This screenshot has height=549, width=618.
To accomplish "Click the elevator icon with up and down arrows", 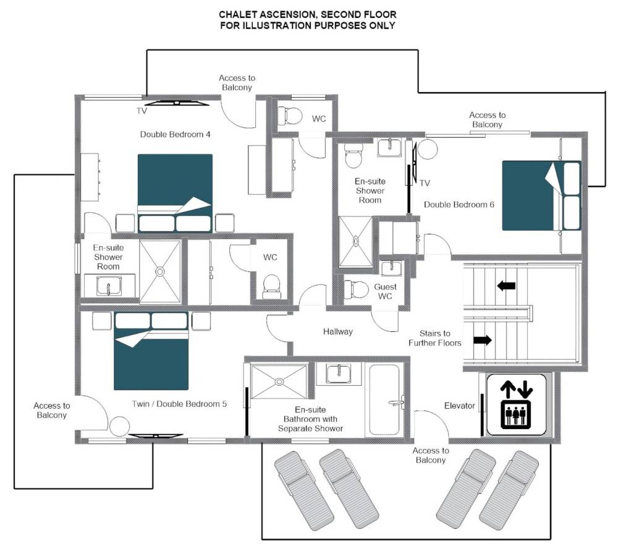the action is point(516,404).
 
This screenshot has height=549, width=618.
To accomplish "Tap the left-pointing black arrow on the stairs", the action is point(506,286).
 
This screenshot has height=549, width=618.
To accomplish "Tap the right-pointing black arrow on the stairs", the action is point(483,340).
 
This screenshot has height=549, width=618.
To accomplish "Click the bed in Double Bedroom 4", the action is point(175,193).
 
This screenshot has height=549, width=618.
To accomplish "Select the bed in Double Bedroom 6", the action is point(541,195).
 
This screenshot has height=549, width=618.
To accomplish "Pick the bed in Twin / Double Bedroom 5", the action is point(151,351).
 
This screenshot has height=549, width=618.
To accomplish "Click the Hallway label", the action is point(338,331).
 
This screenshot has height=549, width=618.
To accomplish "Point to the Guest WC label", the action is point(385,291).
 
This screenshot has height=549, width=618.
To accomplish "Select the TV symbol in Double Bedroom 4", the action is point(177,103).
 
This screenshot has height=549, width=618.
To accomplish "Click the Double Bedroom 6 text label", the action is point(459,205).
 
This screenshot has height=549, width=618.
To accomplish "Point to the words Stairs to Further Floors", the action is point(434,338).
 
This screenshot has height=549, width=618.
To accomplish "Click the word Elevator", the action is point(460,406).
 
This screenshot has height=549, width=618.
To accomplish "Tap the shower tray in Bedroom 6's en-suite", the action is point(355,242).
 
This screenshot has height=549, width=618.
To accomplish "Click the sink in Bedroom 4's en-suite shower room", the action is point(109,286).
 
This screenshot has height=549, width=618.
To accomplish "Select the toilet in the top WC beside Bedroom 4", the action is point(290,116).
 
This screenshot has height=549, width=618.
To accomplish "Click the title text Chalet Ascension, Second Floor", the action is point(307,15).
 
